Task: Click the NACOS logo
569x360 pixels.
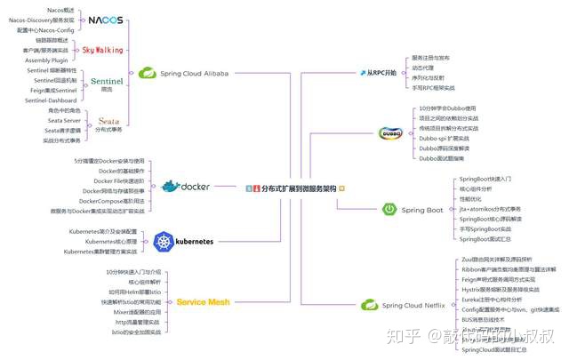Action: pos(105,20)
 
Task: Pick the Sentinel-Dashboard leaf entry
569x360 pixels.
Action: pos(52,100)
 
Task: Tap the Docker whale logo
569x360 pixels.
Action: pos(170,187)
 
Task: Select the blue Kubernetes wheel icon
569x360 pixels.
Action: pos(162,241)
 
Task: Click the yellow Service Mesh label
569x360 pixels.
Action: pos(204,302)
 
